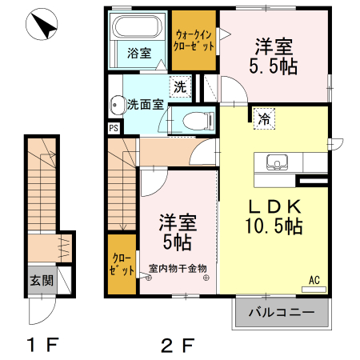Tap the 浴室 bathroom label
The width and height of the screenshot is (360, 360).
139,54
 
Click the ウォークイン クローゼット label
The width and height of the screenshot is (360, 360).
194,41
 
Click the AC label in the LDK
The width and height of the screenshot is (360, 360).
314,280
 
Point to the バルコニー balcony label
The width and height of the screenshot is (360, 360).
281,311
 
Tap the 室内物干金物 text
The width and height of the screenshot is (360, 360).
178,268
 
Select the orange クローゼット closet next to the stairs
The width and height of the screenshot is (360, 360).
122,265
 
